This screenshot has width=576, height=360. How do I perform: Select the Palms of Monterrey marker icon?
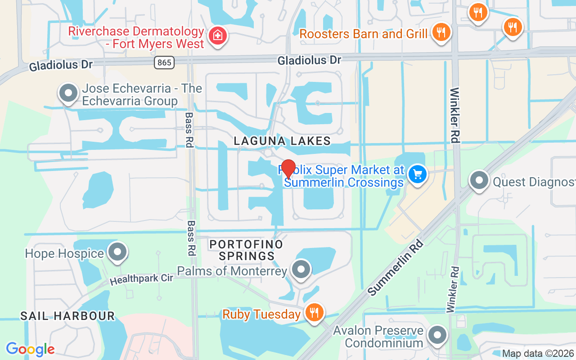(x=301, y=270)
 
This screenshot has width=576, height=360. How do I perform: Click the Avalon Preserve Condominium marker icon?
(x=436, y=335)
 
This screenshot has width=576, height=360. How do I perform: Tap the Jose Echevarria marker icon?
(x=68, y=93)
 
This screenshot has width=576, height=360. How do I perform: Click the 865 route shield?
(x=164, y=63)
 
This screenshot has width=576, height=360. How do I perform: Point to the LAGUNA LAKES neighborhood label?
(x=282, y=141)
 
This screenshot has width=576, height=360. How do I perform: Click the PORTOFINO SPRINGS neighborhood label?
(x=246, y=250)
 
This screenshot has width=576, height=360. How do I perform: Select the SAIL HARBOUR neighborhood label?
(x=67, y=316)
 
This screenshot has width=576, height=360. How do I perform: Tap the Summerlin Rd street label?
(x=396, y=267)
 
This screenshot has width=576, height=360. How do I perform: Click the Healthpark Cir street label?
(x=142, y=279)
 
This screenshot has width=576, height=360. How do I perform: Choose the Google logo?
(x=30, y=349)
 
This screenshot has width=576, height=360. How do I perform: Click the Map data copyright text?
(x=538, y=354)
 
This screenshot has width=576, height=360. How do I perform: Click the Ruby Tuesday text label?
(x=261, y=314)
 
